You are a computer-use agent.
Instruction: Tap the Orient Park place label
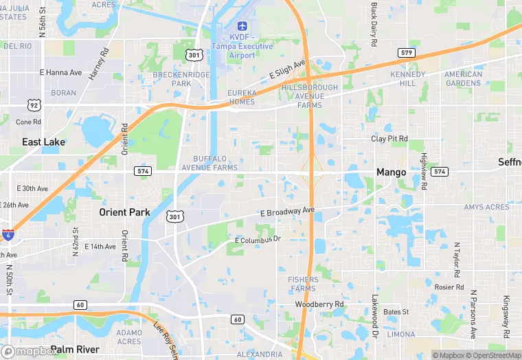(124, 212)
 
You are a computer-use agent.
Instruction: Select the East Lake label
(43, 142)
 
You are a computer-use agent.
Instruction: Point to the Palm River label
(75, 350)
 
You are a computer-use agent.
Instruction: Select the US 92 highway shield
(34, 105)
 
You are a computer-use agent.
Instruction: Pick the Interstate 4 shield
(8, 234)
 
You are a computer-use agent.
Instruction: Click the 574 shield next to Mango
(440, 172)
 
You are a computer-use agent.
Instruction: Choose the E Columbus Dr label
(258, 239)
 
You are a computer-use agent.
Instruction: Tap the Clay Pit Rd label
(389, 138)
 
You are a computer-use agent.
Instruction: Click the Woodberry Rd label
(319, 304)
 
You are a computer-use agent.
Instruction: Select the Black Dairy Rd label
(374, 24)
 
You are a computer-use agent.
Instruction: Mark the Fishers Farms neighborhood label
(303, 284)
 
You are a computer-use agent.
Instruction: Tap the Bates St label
(396, 312)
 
